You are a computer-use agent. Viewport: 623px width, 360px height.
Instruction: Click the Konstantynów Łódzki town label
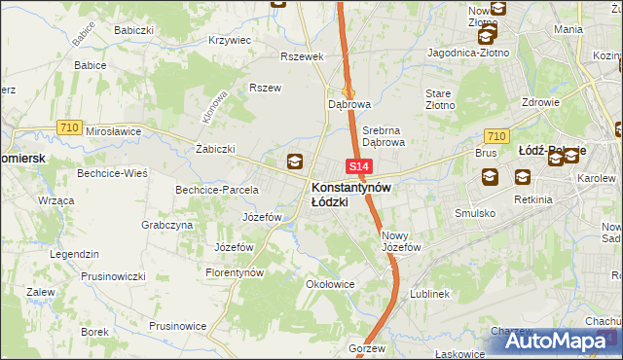[x=350, y=194]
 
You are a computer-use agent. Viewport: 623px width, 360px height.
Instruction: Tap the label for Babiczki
[x=133, y=30]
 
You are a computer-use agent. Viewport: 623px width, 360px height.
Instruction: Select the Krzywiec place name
[x=230, y=41]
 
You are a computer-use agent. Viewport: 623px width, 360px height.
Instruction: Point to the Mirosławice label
[x=114, y=130]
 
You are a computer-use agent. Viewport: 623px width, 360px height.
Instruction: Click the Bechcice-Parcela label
[x=216, y=190]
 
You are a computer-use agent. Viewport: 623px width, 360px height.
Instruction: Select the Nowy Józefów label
[x=400, y=241]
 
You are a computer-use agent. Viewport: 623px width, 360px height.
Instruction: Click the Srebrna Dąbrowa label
[x=383, y=135]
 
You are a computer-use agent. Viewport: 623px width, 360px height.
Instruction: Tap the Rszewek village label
[x=301, y=56]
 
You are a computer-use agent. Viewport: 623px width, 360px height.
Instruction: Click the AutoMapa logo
[x=567, y=341]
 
